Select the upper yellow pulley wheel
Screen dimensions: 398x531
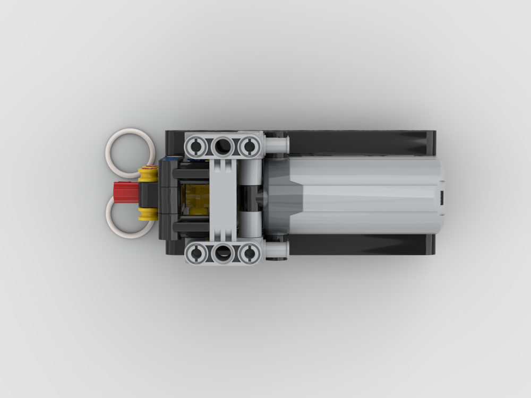coord(148,173)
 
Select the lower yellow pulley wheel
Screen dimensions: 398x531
coord(148,213)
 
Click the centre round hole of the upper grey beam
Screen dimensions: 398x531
coord(222,145)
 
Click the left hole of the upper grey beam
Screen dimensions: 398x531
coord(196,145)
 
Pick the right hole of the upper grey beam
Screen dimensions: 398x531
coord(249,145)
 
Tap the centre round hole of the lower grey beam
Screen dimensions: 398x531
coord(222,253)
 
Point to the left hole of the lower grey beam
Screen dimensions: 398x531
coord(196,253)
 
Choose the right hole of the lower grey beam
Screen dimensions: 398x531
coord(249,253)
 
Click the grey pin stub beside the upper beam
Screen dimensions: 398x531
coord(277,144)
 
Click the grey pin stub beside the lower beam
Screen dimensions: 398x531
coord(277,250)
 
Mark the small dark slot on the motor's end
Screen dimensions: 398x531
coord(442,197)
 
